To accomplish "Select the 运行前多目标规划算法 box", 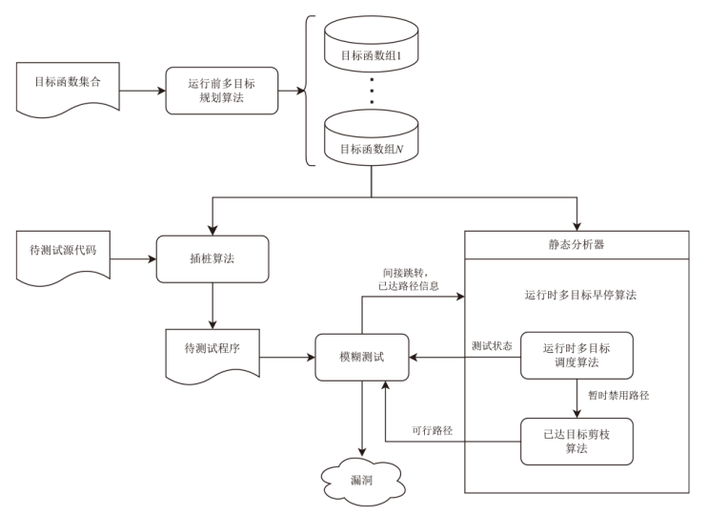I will (221, 92).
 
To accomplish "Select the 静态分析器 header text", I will (577, 244).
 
